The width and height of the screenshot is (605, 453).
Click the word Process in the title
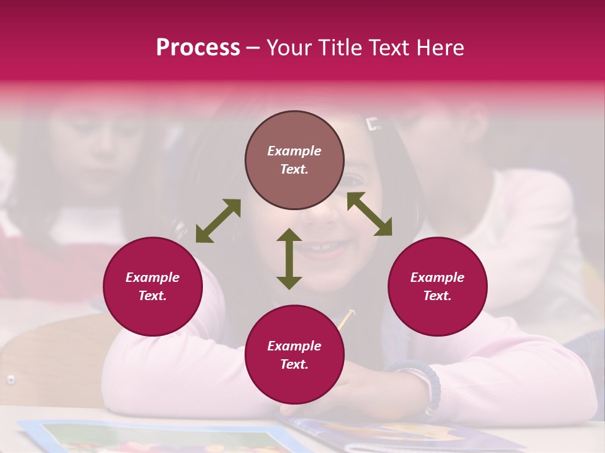198,48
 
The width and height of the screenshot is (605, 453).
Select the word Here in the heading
440,48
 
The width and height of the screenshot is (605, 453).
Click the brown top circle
294,160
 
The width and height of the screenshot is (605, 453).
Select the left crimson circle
153,286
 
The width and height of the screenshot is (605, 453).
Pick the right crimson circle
437,286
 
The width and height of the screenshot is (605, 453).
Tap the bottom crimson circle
294,355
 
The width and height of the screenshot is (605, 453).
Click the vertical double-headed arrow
289,259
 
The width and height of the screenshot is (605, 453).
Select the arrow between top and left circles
218,221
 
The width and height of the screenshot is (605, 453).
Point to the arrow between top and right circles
369,214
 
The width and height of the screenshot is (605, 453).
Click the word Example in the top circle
294,151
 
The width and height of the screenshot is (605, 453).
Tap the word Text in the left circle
153,296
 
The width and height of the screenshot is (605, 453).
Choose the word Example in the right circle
437,277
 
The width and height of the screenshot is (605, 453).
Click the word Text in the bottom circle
294,364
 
